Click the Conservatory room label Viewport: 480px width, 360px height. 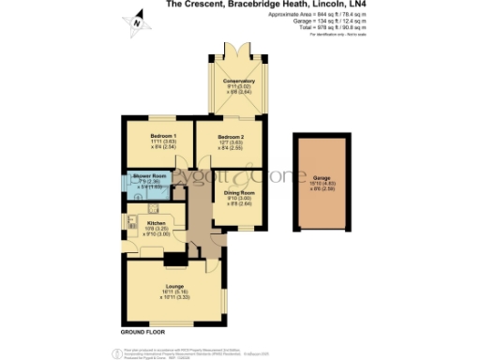click(x=238, y=81)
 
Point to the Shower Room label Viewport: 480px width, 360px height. click(x=152, y=177)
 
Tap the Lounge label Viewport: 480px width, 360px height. click(x=172, y=285)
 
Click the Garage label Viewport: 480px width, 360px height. click(x=322, y=177)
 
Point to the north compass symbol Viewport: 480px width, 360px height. click(x=137, y=21)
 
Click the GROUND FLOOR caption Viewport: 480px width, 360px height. click(x=143, y=333)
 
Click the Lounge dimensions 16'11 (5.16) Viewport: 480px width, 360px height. click(x=172, y=292)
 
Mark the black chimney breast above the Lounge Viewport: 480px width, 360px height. click(x=173, y=258)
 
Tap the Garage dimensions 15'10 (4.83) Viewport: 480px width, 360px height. click(x=322, y=184)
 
